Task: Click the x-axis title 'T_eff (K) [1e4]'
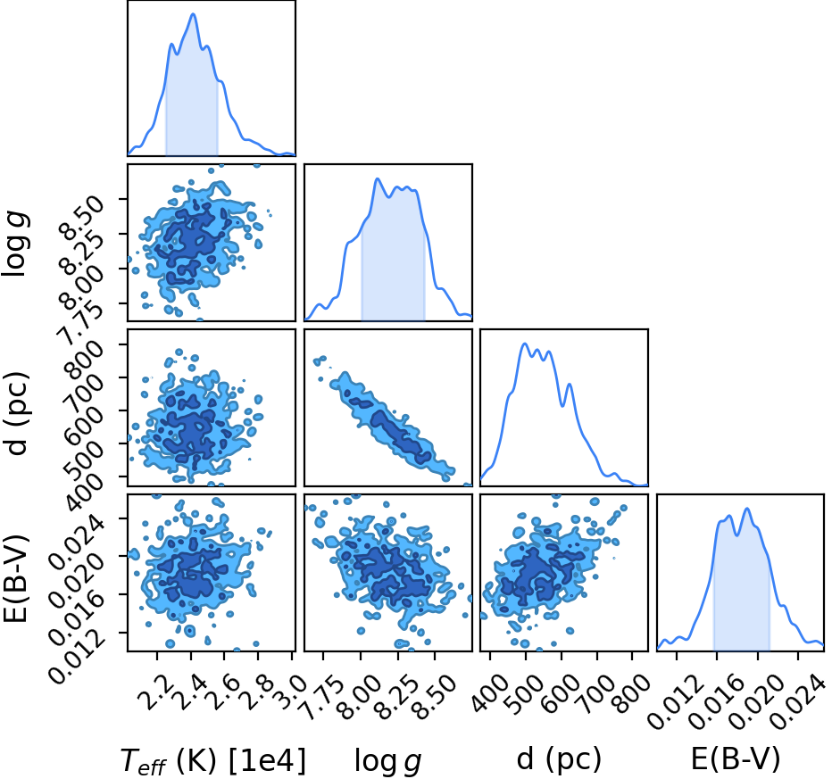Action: pos(213,761)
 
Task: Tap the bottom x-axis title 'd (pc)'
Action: pos(559,759)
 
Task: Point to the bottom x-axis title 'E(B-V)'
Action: pos(736,759)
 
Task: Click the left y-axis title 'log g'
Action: pos(15,243)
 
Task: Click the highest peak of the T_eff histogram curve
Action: pos(193,13)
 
